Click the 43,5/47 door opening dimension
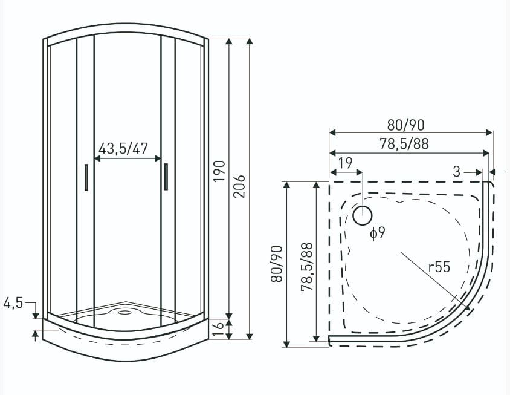click(123, 148)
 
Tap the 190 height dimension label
click(219, 171)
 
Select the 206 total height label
click(239, 186)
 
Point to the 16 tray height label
click(219, 329)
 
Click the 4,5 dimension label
click(13, 304)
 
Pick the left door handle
click(86, 177)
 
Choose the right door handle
click(166, 177)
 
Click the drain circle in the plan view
click(363, 215)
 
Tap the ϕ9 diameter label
click(377, 233)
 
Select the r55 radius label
click(439, 267)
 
